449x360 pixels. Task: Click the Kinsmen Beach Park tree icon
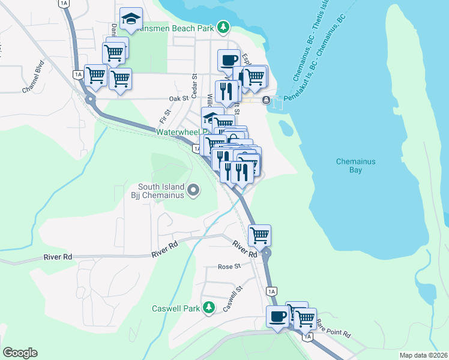(223, 26)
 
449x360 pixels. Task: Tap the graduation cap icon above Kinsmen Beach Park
(130, 19)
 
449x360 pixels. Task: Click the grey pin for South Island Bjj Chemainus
(193, 190)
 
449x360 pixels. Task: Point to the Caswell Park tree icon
(208, 308)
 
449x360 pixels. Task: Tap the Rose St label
(229, 266)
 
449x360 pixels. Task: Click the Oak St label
(179, 98)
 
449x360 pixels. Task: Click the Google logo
(20, 353)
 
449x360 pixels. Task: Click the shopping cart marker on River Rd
(259, 235)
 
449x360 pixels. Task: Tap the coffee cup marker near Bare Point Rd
(277, 316)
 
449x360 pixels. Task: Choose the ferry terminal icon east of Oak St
(266, 99)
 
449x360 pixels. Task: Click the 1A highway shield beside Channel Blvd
(77, 74)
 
